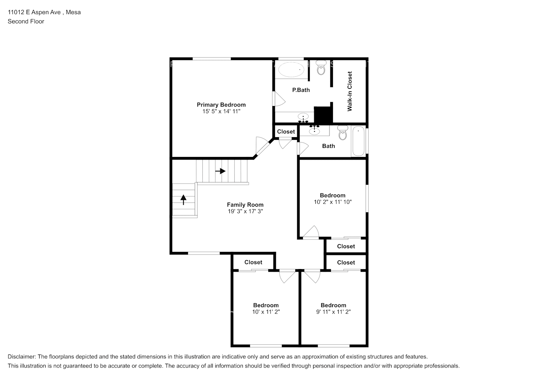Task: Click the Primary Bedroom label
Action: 221,105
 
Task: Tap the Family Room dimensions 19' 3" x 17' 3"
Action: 245,211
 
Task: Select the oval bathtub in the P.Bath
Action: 291,70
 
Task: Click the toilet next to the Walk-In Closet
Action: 321,67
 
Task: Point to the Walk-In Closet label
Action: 349,91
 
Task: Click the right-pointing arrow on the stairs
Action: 220,171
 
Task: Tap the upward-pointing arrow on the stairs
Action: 183,199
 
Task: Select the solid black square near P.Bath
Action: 323,114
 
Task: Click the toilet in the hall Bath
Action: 342,133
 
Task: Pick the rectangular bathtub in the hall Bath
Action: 358,141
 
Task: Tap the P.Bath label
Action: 301,90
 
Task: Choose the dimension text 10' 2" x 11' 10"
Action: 333,202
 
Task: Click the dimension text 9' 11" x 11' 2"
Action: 333,312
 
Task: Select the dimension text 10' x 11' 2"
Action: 266,312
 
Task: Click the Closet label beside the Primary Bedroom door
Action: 286,132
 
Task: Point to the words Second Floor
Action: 26,21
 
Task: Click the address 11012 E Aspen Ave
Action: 34,12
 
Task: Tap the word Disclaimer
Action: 21,357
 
